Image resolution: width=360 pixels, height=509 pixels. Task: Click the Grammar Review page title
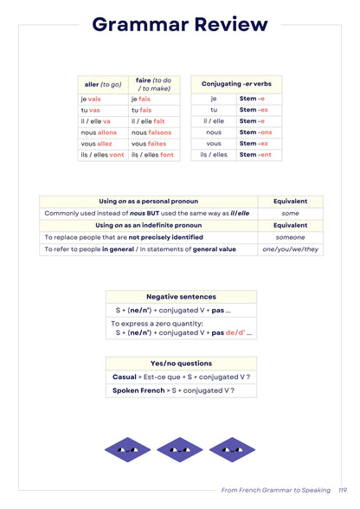point(180,24)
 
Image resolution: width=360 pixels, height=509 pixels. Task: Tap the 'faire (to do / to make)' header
point(155,84)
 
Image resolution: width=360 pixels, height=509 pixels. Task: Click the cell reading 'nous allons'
point(100,132)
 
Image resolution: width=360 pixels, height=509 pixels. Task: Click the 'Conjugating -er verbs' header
point(236,84)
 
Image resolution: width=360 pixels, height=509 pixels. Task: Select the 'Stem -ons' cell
point(255,132)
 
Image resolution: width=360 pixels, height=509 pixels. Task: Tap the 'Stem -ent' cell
point(255,155)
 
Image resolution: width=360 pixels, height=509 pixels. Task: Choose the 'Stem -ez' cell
point(255,144)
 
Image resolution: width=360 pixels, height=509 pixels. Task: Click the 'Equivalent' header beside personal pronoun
point(290,201)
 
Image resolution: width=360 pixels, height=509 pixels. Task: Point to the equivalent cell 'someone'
point(290,237)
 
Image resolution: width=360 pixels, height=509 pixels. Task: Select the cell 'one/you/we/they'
point(290,249)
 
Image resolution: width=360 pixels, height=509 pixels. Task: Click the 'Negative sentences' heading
point(181,296)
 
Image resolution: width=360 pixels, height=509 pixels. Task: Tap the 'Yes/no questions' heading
point(181,364)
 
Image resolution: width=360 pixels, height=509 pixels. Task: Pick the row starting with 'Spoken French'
point(173,390)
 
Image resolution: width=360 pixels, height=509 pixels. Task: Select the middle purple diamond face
point(181,448)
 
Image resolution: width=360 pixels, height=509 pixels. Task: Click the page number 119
point(343,490)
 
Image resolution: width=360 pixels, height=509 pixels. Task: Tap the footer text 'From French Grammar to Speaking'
point(276,490)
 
